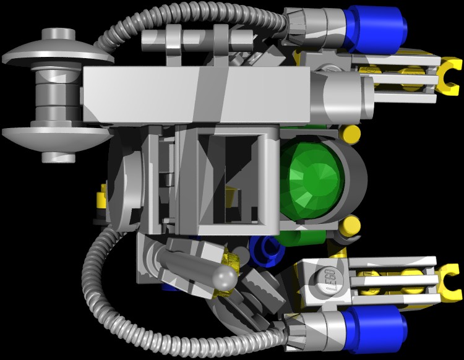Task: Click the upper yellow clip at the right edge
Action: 449,76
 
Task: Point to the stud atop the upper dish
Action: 58,34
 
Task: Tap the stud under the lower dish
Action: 58,156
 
